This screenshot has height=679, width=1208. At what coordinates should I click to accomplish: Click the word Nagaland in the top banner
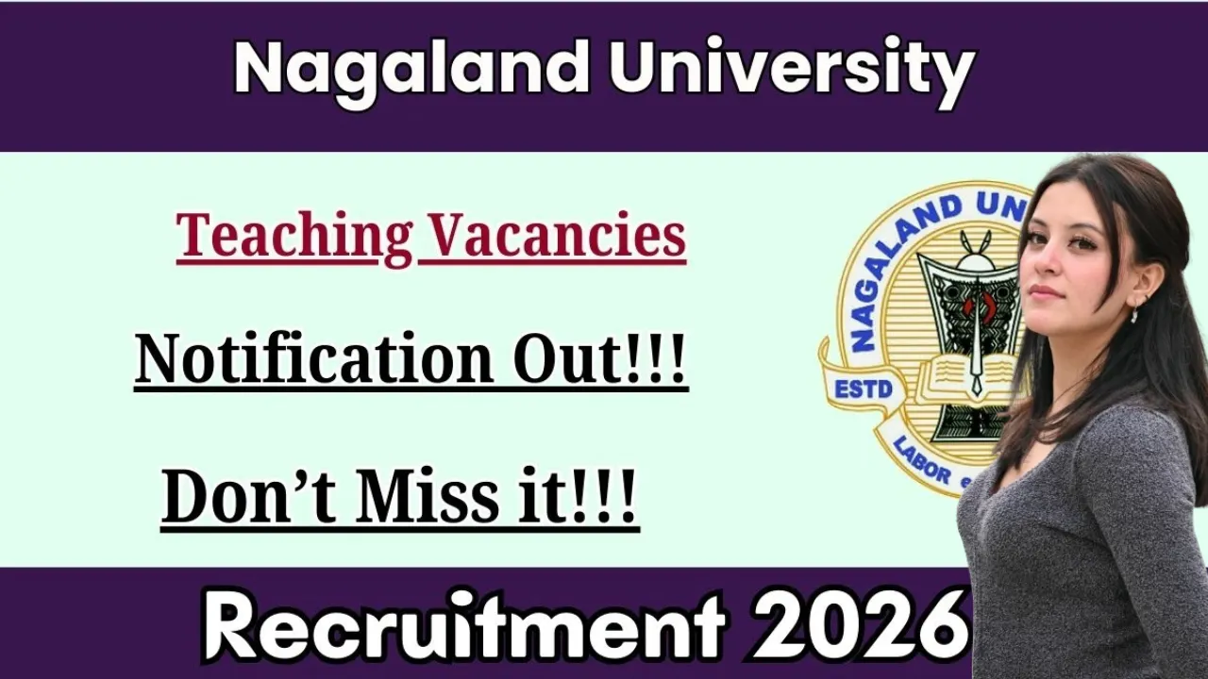(411, 70)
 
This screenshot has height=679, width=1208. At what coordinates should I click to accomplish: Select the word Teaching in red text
(294, 235)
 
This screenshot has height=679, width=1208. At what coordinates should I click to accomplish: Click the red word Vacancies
(552, 235)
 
